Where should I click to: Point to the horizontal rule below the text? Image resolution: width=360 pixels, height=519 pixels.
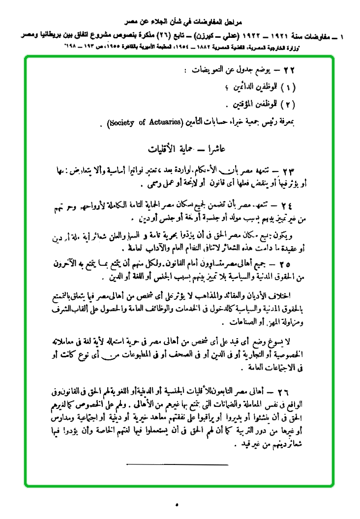(177, 464)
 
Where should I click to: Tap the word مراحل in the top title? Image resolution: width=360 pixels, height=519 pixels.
(228, 23)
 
